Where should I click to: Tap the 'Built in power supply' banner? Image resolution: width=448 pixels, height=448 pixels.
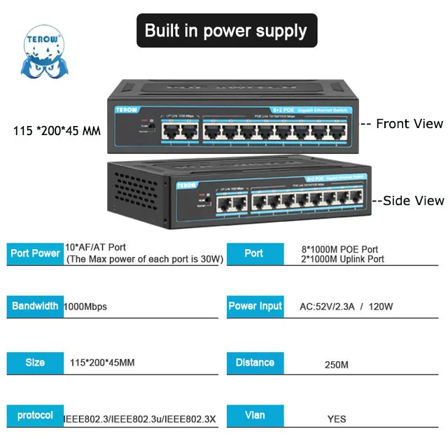(x=226, y=31)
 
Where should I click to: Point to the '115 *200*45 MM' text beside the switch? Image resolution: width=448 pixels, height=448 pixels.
(x=57, y=130)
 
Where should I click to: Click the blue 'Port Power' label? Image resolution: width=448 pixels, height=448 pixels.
(x=36, y=253)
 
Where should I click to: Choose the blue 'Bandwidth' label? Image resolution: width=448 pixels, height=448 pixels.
(x=35, y=306)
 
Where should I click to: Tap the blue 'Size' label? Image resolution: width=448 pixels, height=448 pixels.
(x=35, y=363)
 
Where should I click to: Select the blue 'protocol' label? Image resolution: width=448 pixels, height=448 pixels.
(x=35, y=416)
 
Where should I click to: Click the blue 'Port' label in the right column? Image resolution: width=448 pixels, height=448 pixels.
(x=254, y=253)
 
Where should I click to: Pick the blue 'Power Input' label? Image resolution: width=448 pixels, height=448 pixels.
(x=255, y=306)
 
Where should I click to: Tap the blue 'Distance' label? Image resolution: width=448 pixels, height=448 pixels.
(x=255, y=363)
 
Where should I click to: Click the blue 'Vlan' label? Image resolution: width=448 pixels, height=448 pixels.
(x=255, y=416)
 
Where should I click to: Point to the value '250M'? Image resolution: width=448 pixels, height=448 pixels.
(x=337, y=365)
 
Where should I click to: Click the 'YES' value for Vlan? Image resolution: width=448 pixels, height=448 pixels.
(x=337, y=419)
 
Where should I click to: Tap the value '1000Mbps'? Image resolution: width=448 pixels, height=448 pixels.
(x=85, y=307)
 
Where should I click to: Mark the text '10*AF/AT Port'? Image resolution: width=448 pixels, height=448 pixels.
(x=95, y=247)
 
